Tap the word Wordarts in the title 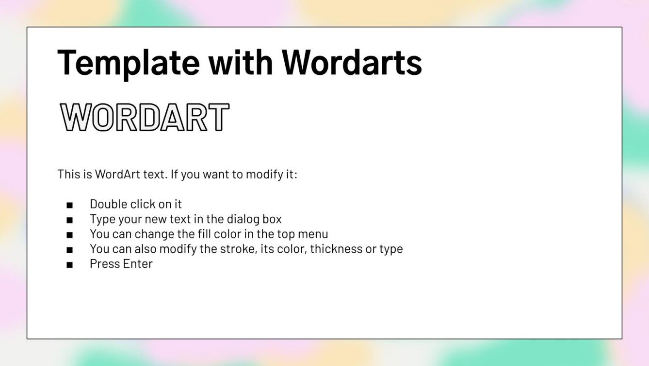click(x=352, y=62)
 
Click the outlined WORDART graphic click(x=144, y=117)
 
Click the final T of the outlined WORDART click(x=218, y=117)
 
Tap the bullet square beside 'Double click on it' click(x=70, y=205)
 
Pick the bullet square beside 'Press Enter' click(x=70, y=265)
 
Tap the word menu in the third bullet click(x=312, y=234)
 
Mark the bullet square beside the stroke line click(x=70, y=250)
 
